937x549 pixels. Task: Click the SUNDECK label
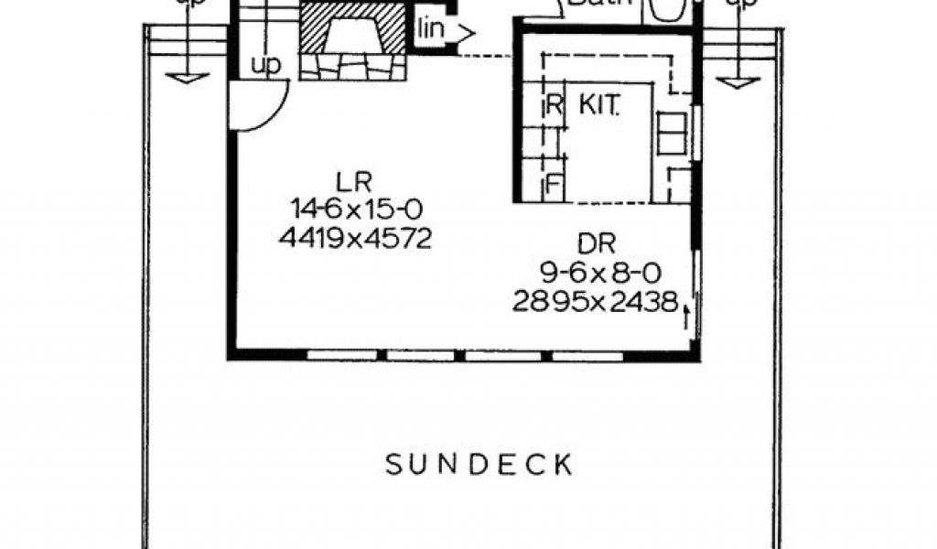[479, 464]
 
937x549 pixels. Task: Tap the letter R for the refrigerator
[552, 103]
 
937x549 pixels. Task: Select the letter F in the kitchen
[552, 186]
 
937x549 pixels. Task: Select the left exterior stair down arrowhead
[186, 79]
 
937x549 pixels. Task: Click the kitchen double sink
[672, 134]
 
